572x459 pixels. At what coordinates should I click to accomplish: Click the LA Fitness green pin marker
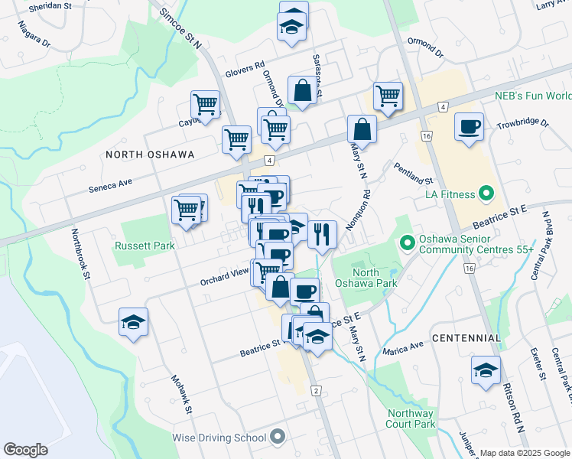pos(484,194)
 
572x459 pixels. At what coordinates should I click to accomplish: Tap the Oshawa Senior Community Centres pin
pos(407,243)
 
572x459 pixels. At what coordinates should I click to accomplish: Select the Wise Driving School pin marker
pos(278,438)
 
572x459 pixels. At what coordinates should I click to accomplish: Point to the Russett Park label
pos(144,246)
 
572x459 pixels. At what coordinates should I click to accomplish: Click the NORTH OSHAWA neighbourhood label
pos(150,154)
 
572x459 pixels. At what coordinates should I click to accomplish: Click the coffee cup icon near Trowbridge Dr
pos(468,126)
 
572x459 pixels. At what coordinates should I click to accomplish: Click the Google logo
pos(26,450)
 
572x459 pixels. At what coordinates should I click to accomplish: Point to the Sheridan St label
pos(49,7)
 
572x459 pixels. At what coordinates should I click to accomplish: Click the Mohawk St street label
pos(180,396)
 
